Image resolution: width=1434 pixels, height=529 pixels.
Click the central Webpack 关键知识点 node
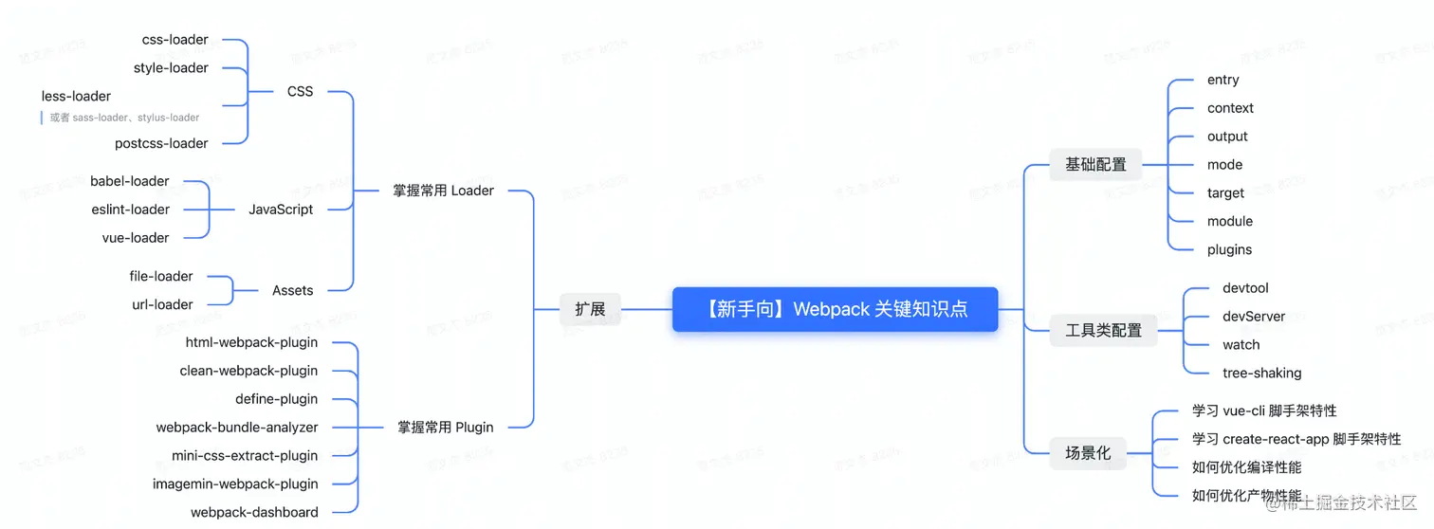pyautogui.click(x=835, y=309)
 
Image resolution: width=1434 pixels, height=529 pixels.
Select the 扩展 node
pyautogui.click(x=590, y=309)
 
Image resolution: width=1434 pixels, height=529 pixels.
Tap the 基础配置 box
pyautogui.click(x=1095, y=164)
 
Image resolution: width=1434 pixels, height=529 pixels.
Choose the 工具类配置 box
pyautogui.click(x=1103, y=330)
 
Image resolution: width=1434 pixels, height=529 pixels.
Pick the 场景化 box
pyautogui.click(x=1087, y=453)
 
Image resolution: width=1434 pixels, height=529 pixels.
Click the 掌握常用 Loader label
pyautogui.click(x=443, y=191)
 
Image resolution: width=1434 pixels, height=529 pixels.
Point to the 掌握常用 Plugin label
pyautogui.click(x=445, y=427)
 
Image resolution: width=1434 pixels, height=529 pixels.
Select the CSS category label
pyautogui.click(x=300, y=92)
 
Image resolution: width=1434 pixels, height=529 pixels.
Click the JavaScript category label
pyautogui.click(x=281, y=210)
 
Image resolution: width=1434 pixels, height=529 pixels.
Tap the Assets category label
pyautogui.click(x=292, y=290)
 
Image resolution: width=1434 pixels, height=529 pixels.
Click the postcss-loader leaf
pyautogui.click(x=161, y=143)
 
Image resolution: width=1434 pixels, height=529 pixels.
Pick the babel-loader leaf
pyautogui.click(x=130, y=181)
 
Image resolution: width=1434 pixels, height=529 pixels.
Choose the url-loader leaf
pyautogui.click(x=162, y=304)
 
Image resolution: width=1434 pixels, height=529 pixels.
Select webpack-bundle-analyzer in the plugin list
pyautogui.click(x=237, y=428)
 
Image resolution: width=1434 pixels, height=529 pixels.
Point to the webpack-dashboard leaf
pyautogui.click(x=254, y=512)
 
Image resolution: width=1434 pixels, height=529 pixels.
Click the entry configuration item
pyautogui.click(x=1223, y=80)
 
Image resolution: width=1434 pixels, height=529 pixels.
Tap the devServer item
pyautogui.click(x=1254, y=317)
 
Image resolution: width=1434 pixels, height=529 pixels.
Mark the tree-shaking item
pyautogui.click(x=1261, y=373)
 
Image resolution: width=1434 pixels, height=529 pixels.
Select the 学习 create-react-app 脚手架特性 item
pyautogui.click(x=1296, y=439)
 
